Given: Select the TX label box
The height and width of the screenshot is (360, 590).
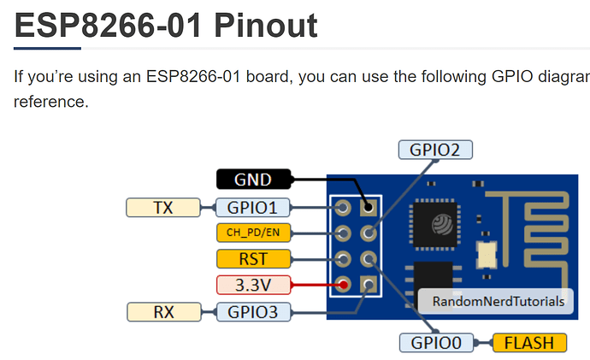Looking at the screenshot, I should point(162,207).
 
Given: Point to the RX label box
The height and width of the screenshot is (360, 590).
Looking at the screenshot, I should point(162,312).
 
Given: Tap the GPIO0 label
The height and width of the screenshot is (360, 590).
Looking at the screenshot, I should point(435,343).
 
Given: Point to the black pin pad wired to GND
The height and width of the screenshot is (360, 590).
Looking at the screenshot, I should point(369,207).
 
